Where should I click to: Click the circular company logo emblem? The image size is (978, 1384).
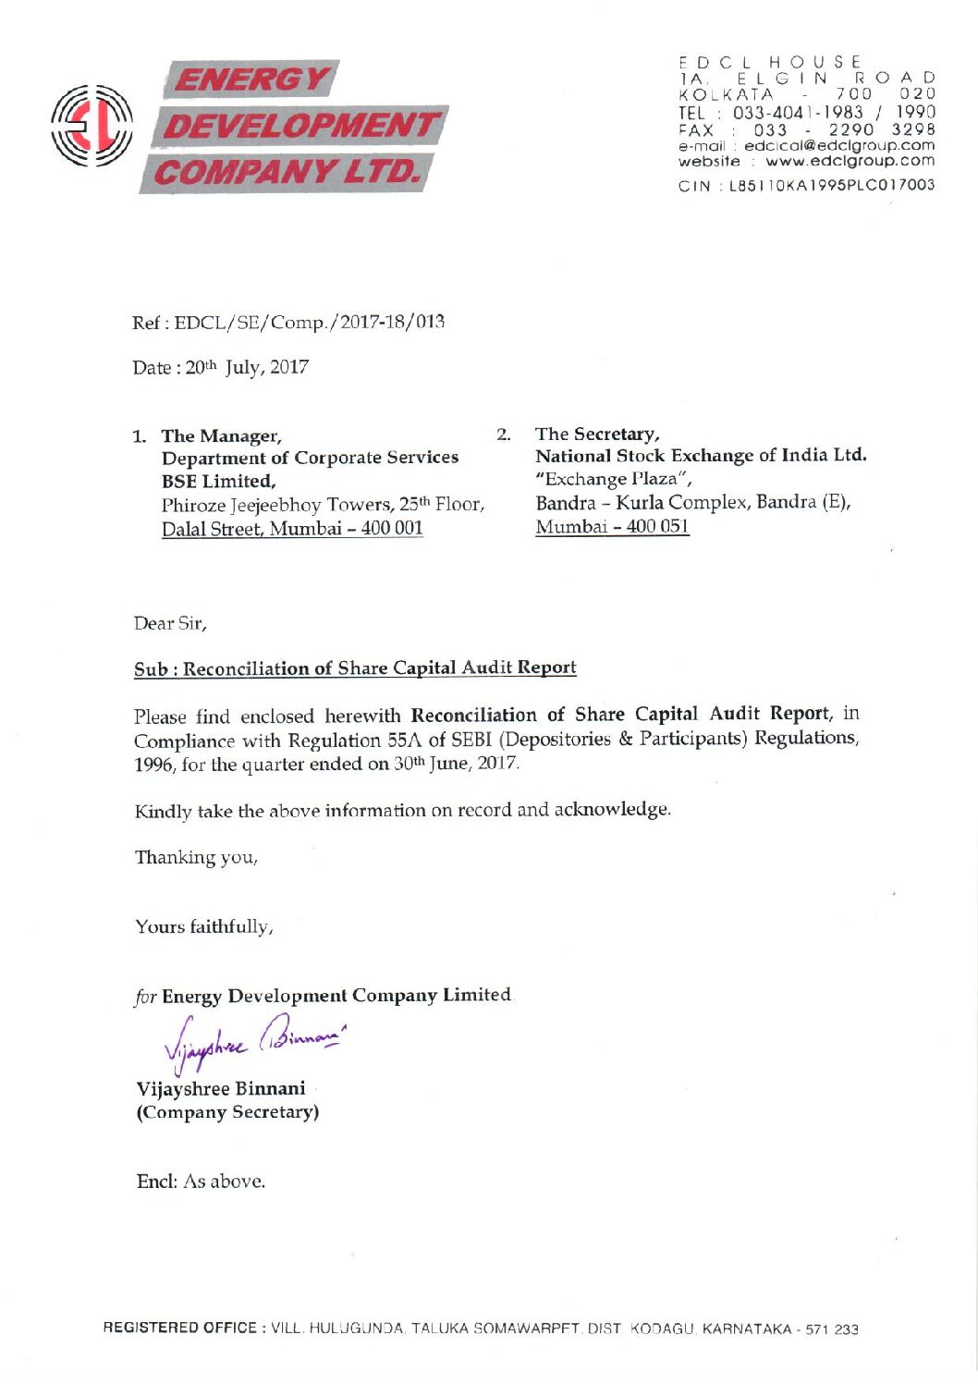click(x=92, y=128)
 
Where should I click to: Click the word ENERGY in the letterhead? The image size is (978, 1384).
click(x=251, y=80)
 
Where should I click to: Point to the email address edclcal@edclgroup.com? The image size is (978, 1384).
click(x=838, y=146)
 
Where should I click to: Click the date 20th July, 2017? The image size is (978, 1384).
click(x=247, y=368)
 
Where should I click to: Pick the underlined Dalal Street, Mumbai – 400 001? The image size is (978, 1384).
click(x=292, y=529)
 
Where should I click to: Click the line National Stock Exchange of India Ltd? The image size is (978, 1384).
click(x=701, y=456)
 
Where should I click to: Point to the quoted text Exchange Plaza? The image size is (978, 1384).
click(x=614, y=480)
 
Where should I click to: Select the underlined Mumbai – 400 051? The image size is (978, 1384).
click(x=612, y=527)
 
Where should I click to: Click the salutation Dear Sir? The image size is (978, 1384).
click(x=170, y=624)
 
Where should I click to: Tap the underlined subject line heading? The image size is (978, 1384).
click(x=355, y=668)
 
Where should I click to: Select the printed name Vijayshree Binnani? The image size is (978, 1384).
click(x=221, y=1089)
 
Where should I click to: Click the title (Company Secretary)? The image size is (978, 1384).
click(x=227, y=1112)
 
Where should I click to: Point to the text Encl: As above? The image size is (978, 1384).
click(x=201, y=1182)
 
